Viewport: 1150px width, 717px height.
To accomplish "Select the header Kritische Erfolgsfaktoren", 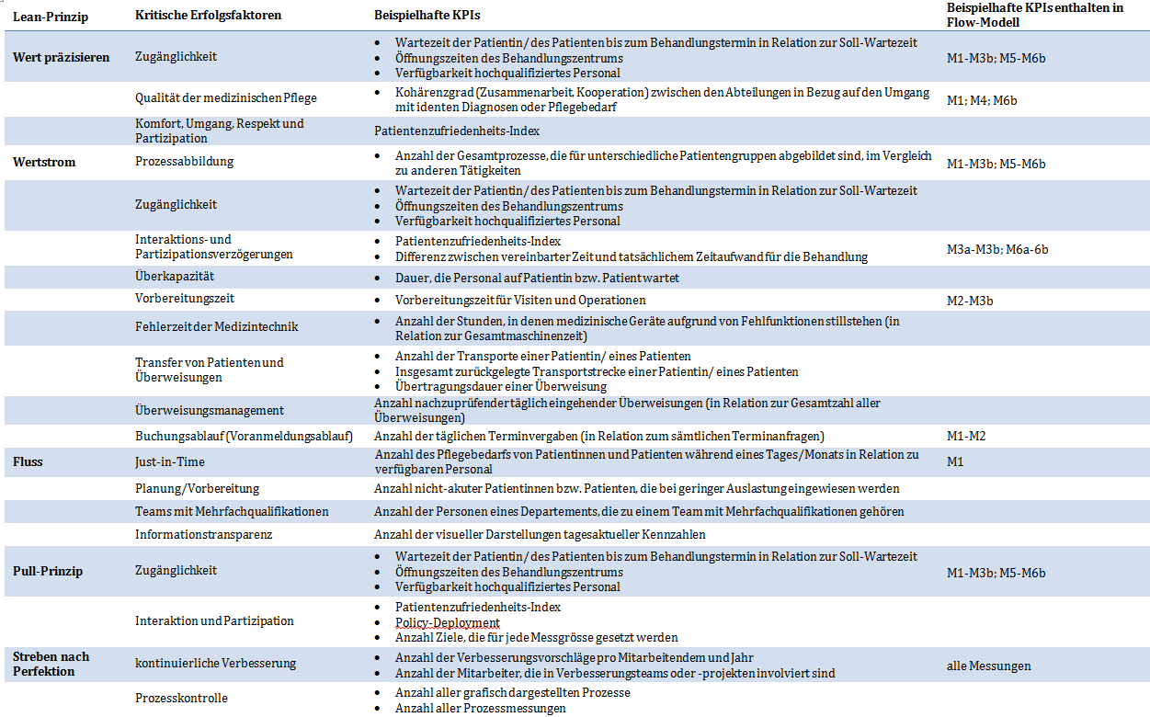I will click(x=208, y=17).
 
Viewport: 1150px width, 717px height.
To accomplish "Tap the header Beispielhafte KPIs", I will click(x=427, y=17).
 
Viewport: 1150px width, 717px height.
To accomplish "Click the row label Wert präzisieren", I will click(x=61, y=57).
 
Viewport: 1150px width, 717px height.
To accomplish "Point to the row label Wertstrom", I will click(x=44, y=162).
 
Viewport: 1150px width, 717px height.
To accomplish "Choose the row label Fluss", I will click(x=29, y=461).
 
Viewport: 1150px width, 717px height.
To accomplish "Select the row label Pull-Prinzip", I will click(x=48, y=571).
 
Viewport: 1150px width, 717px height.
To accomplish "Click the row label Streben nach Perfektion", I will click(x=51, y=664).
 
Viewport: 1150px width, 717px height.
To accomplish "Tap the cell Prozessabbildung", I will click(x=185, y=162).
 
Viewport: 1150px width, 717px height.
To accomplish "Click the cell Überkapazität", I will click(x=175, y=277).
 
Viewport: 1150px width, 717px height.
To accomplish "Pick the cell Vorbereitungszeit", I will click(x=185, y=299).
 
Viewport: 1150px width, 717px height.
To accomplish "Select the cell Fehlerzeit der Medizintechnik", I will click(x=217, y=326).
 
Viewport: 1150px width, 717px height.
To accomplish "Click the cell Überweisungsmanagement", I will click(x=210, y=410).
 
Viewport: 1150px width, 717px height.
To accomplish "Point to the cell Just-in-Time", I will click(x=170, y=461).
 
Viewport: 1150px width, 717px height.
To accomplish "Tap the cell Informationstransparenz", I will click(x=204, y=534).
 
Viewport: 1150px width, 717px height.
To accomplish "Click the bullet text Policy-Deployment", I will click(x=448, y=622).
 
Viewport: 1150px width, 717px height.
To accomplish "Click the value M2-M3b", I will click(x=970, y=301).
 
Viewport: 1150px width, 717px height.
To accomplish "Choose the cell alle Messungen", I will click(x=989, y=666).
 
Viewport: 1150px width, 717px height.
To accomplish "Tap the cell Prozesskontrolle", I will click(x=181, y=699).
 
